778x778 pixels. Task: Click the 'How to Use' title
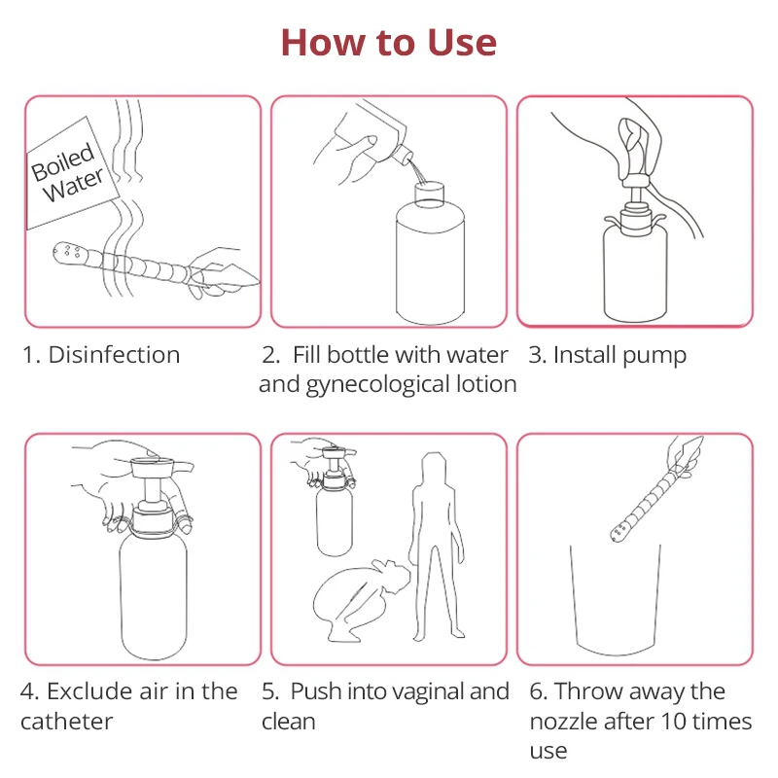388,43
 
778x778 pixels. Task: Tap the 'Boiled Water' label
67,172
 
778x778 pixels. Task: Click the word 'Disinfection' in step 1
114,355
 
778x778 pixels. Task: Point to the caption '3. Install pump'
607,356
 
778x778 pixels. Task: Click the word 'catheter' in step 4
66,722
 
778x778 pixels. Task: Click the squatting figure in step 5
360,600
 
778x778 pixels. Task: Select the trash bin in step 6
616,600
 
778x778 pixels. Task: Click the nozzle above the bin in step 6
654,491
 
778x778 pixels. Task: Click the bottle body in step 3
635,273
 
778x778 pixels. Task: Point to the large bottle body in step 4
154,595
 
